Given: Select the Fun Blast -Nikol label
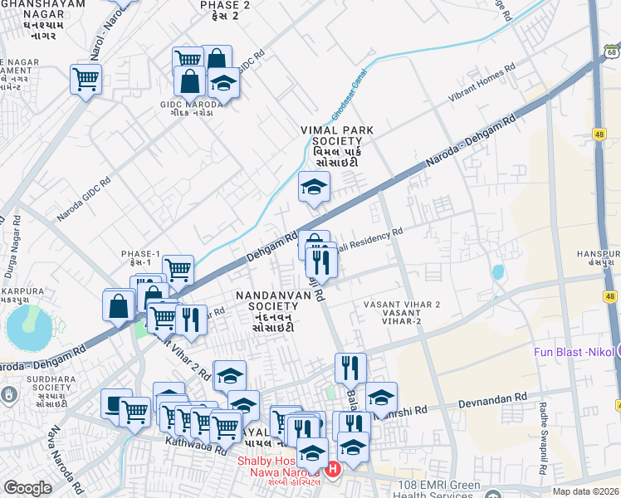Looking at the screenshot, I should (574, 353).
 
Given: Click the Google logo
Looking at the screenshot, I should (27, 488).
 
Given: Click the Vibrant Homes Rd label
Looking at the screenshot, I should (482, 81).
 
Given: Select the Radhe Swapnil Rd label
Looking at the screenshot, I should (545, 437).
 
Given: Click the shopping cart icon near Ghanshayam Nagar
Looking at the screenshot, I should (86, 80).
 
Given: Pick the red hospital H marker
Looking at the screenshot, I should (333, 471).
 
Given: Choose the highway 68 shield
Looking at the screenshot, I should (608, 53).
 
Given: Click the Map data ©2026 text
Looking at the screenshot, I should (586, 491).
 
